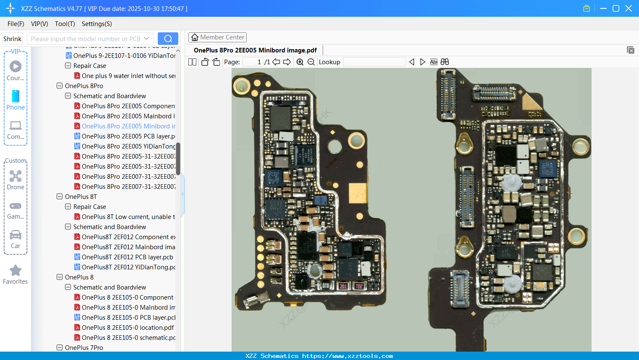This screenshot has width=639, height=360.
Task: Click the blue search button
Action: (168, 39)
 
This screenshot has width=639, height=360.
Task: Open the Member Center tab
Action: (217, 37)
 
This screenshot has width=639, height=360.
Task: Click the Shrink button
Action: (12, 39)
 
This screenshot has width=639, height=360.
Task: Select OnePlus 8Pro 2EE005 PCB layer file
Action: (128, 136)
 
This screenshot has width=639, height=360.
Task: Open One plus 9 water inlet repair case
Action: (128, 76)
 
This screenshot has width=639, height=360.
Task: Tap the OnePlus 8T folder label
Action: (81, 196)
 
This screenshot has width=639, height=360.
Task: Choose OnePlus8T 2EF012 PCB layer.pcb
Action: (127, 257)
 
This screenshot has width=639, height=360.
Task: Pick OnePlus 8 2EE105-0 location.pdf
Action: (128, 327)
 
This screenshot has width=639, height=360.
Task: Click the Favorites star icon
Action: (16, 271)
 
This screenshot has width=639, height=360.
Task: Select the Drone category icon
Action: (16, 176)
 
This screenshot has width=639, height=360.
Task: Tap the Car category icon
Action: (16, 235)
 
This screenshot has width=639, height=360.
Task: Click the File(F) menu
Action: (16, 24)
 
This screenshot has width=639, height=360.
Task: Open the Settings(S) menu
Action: (97, 24)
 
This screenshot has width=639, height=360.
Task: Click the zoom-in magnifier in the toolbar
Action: (300, 62)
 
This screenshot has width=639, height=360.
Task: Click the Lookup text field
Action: (374, 62)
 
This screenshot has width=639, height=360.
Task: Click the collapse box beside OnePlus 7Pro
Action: (60, 347)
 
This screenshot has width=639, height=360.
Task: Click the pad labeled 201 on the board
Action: (343, 286)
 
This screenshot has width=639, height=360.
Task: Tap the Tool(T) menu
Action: (65, 24)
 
